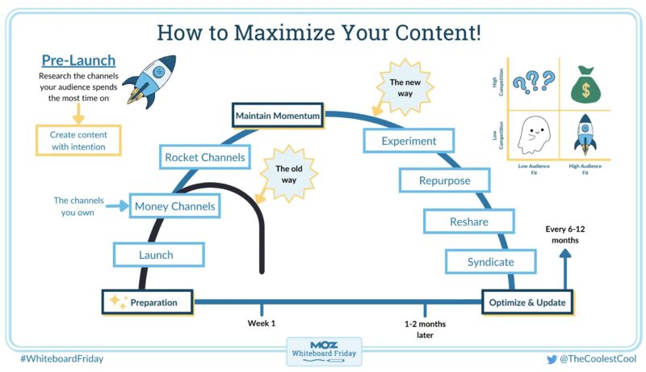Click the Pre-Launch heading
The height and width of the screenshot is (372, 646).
pos(78,61)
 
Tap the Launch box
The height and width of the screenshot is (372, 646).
pos(156,255)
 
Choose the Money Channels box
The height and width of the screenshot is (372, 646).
pos(175,206)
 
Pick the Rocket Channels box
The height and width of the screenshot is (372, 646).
pos(204,157)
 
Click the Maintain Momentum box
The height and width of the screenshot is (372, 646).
pos(278,116)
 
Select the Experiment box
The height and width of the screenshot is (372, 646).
pos(410,141)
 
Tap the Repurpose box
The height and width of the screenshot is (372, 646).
pos(444,180)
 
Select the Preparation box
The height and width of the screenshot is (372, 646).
pos(151,302)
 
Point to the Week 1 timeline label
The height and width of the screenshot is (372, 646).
pos(262,323)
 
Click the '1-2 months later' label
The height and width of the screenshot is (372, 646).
pos(425,329)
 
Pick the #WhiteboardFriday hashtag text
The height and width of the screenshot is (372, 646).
pos(63,357)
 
